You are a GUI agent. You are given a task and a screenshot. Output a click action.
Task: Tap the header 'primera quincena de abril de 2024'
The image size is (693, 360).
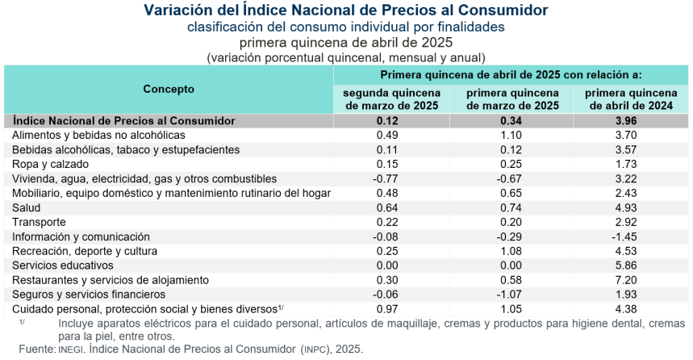(x=631, y=99)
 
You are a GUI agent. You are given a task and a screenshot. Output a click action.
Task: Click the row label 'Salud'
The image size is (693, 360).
(x=28, y=207)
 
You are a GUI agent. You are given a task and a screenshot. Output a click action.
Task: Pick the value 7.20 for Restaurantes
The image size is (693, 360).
(x=631, y=280)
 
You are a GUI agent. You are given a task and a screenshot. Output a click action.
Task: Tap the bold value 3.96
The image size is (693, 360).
(x=631, y=120)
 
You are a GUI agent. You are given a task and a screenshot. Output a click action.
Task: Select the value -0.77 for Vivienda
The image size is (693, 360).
(x=390, y=178)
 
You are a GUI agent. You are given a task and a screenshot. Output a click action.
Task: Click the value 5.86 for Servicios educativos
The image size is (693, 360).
(x=631, y=266)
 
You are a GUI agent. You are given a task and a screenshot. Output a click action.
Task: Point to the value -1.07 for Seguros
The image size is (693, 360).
(x=510, y=295)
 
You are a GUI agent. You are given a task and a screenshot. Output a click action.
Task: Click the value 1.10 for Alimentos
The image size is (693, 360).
(x=511, y=135)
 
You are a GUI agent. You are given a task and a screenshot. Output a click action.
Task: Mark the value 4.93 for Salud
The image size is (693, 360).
(x=631, y=207)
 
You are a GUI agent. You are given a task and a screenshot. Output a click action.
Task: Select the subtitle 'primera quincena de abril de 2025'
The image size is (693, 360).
(x=346, y=42)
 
